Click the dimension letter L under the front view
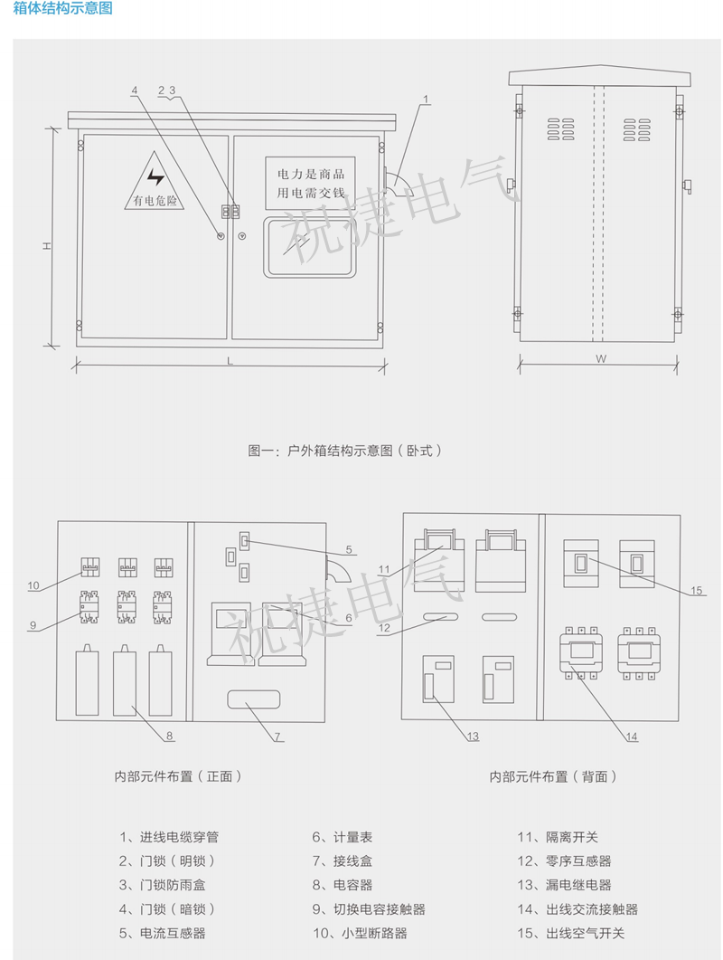point(230,362)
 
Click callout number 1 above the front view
point(425,99)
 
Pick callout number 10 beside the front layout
point(33,585)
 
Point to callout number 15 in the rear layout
point(695,591)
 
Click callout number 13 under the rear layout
point(473,737)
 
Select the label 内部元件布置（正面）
point(177,775)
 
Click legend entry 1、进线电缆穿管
point(168,837)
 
